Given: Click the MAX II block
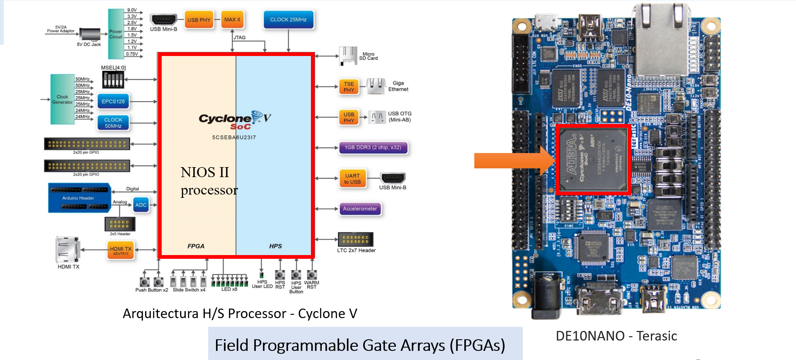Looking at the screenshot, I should point(232,19).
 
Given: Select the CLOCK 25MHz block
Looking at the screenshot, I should point(289,19).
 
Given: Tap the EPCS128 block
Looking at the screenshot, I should point(113,101).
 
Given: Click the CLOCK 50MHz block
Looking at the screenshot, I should point(113,123).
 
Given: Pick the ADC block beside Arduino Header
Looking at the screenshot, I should point(141,205).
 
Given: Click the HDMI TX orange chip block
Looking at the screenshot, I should point(121,250).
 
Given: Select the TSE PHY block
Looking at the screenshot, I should point(349,87).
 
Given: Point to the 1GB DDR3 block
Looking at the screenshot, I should point(373,148).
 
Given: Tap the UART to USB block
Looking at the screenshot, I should point(352,179).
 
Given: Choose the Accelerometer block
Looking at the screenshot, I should point(360,209).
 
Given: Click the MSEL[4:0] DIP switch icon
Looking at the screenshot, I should point(113,79).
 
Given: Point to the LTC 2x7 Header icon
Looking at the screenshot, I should point(356,239).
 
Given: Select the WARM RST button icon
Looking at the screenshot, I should point(312,275).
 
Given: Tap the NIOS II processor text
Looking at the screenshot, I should point(209,181).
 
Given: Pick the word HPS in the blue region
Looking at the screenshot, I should point(275,246).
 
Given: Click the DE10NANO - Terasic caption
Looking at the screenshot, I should point(616,336).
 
